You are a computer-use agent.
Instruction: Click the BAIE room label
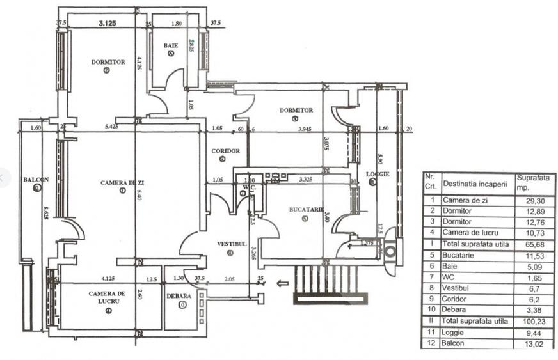click(171, 45)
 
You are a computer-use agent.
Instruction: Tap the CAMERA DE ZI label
click(122, 183)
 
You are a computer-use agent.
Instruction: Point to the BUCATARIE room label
click(304, 209)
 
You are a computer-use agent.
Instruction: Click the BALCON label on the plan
click(33, 180)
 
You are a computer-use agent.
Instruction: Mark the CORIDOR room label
click(226, 151)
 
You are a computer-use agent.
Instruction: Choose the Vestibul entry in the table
click(456, 288)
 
